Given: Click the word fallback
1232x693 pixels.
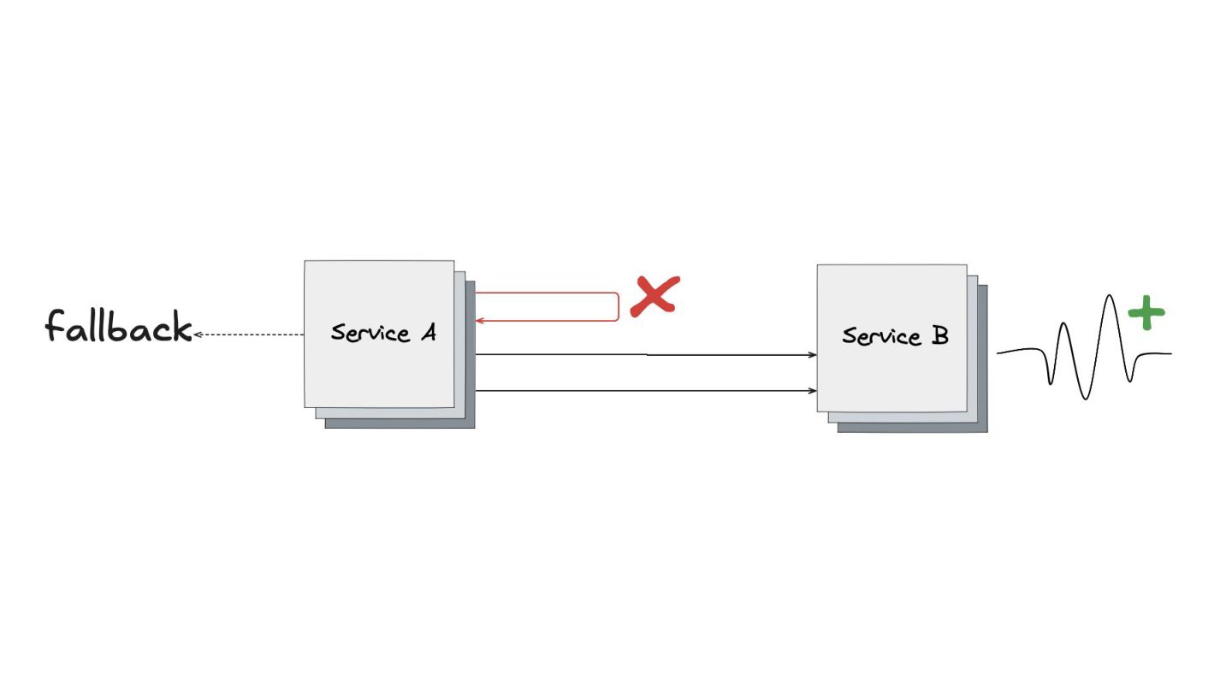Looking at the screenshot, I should coord(118,328).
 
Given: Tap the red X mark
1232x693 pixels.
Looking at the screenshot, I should coord(654,296).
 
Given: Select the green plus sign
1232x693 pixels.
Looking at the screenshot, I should coord(1146,313).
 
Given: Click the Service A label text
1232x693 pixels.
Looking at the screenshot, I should coord(383,333).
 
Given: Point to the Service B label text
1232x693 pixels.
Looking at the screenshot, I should coord(895,336).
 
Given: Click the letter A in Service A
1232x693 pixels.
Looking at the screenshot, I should coord(427,332).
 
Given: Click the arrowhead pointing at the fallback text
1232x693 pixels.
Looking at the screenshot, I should coord(198,335).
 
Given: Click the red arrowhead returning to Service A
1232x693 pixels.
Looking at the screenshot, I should coord(480,321).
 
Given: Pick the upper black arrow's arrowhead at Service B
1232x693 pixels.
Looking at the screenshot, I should coord(813,354).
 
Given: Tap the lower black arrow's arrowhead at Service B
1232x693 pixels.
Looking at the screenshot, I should coord(813,391).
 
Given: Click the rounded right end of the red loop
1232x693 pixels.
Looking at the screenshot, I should coord(618,307).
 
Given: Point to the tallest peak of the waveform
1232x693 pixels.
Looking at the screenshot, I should coord(1110,298).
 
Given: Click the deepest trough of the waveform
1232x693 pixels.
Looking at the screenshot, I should coord(1085,398).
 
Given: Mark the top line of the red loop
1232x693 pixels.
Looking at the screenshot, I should coord(548,293).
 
